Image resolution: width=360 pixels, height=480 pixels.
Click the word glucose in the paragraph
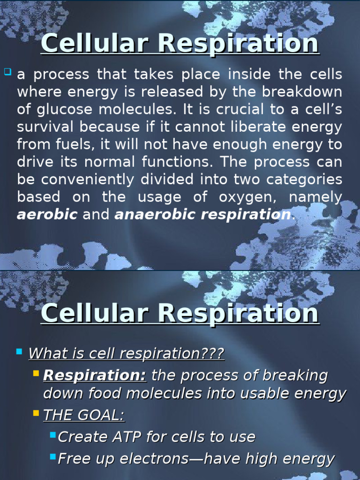pos(63,109)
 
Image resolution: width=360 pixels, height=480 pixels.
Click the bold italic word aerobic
pos(47,215)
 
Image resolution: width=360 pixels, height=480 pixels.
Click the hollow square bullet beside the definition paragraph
pos(7,72)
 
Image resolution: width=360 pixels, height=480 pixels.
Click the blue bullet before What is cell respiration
pos(19,351)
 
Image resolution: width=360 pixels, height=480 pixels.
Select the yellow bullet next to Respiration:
pos(36,373)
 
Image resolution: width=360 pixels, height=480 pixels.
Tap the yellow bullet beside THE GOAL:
pos(36,413)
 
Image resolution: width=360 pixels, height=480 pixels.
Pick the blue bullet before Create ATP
pos(52,435)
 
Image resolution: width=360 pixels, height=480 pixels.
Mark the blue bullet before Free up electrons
pos(52,457)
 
